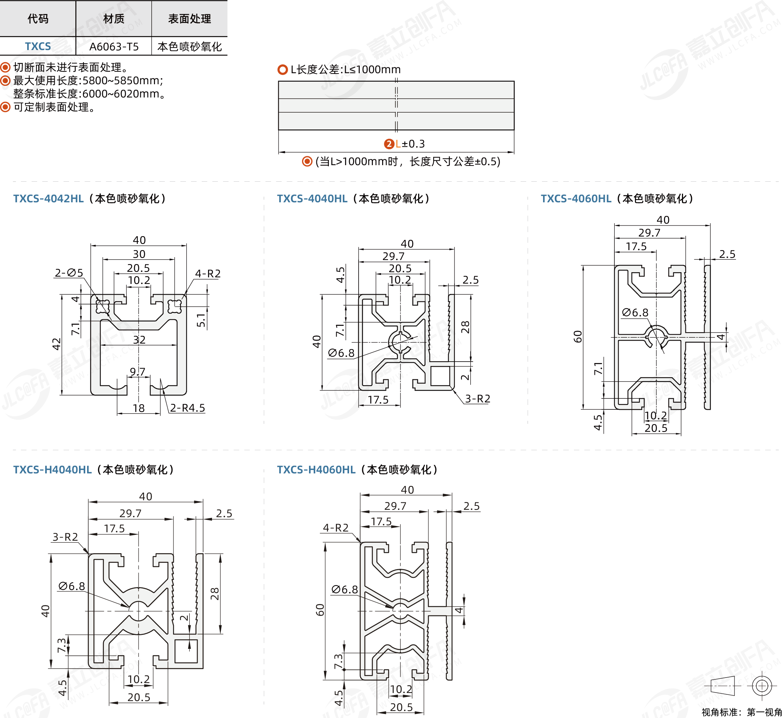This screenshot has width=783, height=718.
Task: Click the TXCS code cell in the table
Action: tap(38, 46)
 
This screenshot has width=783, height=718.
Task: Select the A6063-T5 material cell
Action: tap(114, 47)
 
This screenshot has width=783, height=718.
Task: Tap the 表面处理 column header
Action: tap(189, 19)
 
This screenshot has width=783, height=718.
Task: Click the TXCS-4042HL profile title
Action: tap(48, 199)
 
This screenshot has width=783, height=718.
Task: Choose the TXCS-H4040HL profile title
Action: tap(53, 470)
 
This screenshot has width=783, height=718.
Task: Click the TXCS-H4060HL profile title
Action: tap(316, 470)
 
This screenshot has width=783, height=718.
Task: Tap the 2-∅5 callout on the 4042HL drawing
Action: tap(69, 273)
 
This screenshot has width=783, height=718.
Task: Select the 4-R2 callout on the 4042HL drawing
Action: tap(208, 274)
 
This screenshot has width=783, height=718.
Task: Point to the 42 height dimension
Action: tap(57, 344)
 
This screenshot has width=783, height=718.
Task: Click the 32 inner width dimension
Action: tap(139, 340)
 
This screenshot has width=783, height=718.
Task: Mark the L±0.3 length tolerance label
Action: tap(410, 144)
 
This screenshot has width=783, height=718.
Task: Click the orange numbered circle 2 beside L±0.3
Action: tap(389, 144)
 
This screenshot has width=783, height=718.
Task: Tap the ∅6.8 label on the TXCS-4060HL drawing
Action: tap(635, 313)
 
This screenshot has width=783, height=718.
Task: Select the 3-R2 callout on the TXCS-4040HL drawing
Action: tap(478, 398)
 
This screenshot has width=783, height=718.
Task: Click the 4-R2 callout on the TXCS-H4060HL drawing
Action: tap(335, 527)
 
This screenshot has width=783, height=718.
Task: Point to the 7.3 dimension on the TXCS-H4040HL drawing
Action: tap(62, 645)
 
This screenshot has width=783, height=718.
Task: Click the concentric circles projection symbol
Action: tap(762, 685)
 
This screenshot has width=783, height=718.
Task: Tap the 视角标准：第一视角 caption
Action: tap(741, 712)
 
